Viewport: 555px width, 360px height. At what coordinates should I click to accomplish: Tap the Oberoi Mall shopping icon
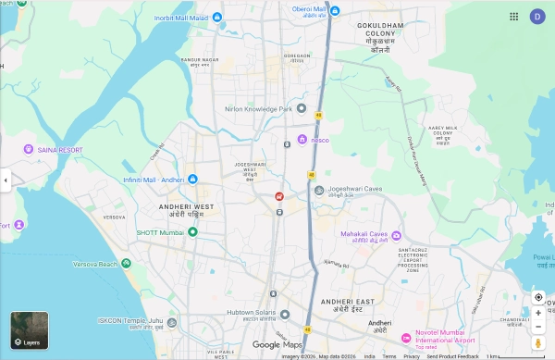pos(336,10)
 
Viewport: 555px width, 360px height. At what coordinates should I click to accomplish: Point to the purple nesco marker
pos(302,140)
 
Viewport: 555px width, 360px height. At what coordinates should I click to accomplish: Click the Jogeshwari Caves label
pos(351,191)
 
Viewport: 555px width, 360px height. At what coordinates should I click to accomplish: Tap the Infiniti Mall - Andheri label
pos(154,179)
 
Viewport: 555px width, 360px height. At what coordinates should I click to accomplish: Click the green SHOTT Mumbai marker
pos(192,231)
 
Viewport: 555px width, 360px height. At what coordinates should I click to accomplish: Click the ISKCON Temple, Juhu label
pos(130,321)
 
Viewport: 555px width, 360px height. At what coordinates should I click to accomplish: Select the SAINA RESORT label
pos(59,149)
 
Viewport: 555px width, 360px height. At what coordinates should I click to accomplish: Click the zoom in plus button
pos(538,313)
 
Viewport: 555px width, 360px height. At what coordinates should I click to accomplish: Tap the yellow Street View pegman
pos(538,342)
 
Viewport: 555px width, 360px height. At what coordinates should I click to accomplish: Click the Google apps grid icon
pos(513,16)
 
